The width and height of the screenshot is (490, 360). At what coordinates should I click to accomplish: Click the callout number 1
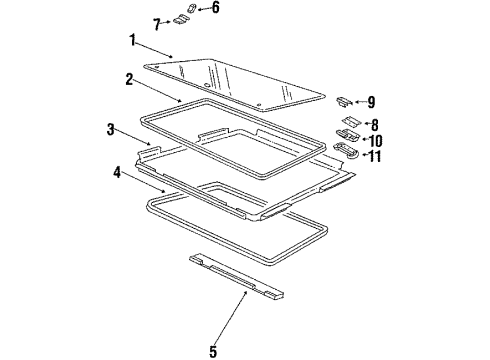click(x=130, y=41)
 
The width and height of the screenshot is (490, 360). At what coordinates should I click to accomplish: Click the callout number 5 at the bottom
click(x=211, y=351)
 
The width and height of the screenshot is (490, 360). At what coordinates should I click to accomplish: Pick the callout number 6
click(x=214, y=8)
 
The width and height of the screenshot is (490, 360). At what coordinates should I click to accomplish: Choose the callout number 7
click(x=157, y=22)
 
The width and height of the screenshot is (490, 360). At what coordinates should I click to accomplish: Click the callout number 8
click(x=375, y=125)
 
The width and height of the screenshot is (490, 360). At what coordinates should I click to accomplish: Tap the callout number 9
click(x=371, y=102)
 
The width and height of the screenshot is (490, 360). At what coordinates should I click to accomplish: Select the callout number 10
click(x=379, y=140)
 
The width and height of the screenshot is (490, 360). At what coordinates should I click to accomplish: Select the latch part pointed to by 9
click(x=342, y=101)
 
